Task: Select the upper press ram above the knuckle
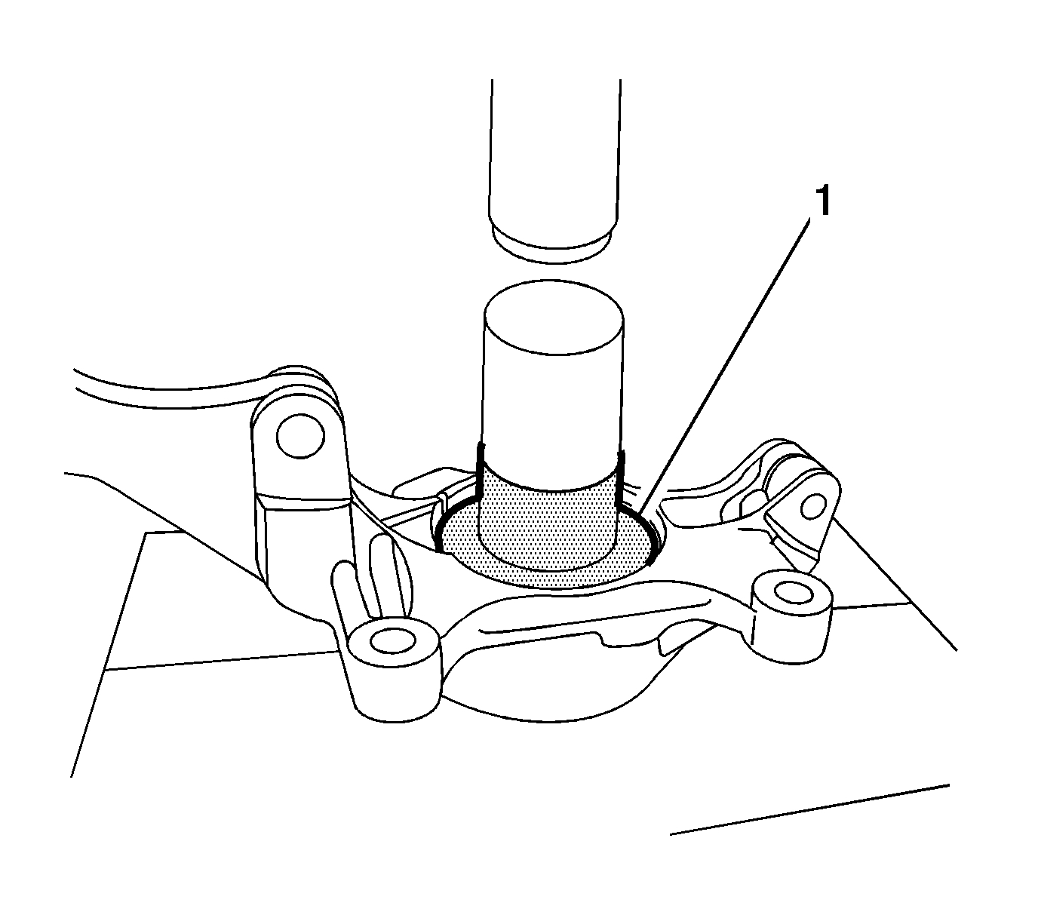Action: point(555,151)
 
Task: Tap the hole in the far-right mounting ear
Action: point(812,508)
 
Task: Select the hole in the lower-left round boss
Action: point(392,641)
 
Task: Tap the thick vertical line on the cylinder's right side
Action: point(620,479)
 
